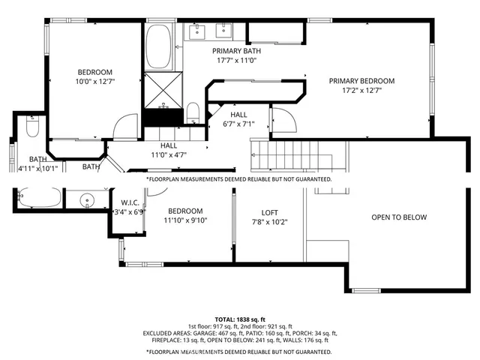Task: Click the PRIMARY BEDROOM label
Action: [x=361, y=81]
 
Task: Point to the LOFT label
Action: [x=269, y=212]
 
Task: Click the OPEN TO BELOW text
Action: [x=399, y=217]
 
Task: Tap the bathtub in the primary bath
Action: [x=157, y=46]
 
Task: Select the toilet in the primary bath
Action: [x=193, y=113]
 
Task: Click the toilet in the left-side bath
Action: [x=32, y=128]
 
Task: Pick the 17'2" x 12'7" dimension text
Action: [x=361, y=91]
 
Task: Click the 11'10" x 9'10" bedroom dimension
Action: [x=184, y=220]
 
